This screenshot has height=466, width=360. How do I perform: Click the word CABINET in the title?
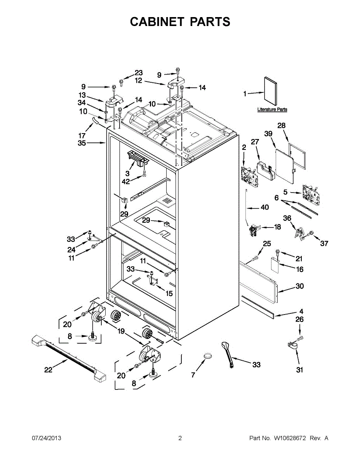157,22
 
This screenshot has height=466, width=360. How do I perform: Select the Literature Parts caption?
272,110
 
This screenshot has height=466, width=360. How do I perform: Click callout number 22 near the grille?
48,370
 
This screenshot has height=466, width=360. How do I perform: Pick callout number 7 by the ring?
193,375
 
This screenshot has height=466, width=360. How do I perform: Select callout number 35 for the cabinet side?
82,143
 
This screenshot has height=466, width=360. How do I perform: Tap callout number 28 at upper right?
282,125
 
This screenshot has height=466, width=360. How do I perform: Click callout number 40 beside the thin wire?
264,208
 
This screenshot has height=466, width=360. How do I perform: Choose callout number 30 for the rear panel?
300,286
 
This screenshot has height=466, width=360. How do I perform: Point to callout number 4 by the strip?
301,311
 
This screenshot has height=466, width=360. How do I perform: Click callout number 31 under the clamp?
299,370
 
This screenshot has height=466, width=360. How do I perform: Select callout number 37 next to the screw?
324,243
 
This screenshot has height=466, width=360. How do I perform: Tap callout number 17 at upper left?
82,136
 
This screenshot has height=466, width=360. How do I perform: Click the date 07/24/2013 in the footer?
46,438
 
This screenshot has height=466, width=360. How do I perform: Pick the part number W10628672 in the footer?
290,438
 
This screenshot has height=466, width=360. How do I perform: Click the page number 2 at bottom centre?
180,438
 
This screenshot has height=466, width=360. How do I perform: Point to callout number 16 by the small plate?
300,270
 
